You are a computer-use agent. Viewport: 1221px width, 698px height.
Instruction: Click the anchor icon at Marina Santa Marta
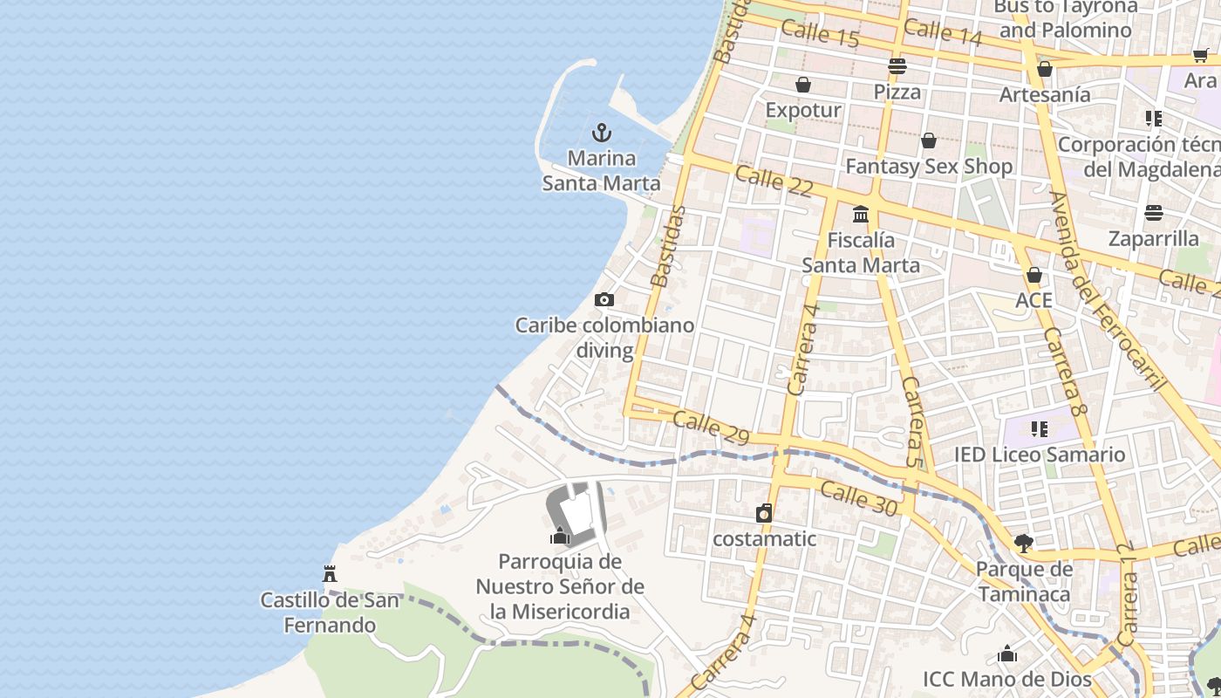coord(601,133)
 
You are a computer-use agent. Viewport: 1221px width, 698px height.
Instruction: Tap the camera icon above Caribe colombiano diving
coord(604,300)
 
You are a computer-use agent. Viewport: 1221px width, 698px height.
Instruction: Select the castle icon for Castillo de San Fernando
coord(330,574)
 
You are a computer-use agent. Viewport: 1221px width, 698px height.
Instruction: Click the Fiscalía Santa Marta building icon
coord(861,214)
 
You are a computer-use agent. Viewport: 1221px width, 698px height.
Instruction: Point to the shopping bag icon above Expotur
coord(802,85)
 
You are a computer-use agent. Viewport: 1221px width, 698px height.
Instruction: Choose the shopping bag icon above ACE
coord(1033,276)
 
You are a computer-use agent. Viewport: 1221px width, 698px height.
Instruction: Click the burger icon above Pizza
coord(897,66)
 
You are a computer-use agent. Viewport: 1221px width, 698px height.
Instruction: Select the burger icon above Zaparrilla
coord(1154,213)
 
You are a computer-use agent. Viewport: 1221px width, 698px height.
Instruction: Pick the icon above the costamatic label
coord(764,513)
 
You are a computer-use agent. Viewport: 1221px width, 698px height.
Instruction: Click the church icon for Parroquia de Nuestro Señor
coord(560,536)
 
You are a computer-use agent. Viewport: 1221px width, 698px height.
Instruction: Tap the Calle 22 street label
coord(774,181)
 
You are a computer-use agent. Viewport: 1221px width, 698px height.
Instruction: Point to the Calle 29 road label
coord(711,428)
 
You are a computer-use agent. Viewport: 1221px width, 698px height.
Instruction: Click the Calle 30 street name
coord(858,498)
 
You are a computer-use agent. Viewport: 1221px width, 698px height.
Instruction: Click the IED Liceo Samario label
coord(1039,455)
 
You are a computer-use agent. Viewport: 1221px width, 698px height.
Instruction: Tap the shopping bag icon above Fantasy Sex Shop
coord(929,140)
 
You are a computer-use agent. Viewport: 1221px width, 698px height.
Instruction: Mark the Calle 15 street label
coord(819,34)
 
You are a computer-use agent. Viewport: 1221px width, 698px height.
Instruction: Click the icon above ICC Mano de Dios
coord(1007,654)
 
